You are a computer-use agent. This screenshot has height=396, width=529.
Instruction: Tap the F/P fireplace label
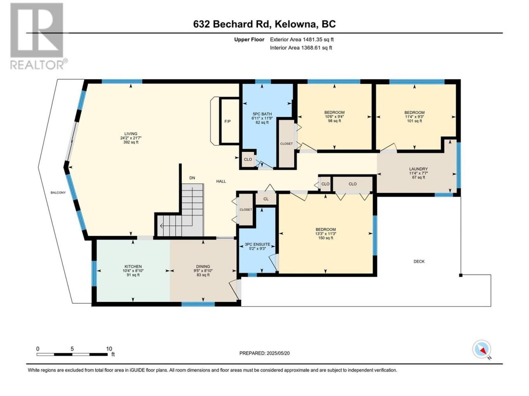click(x=227, y=121)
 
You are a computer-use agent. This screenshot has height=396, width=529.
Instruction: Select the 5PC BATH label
click(x=262, y=114)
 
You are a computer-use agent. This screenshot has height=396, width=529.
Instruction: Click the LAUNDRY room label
click(x=418, y=169)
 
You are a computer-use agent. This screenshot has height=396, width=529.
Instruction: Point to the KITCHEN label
click(x=133, y=266)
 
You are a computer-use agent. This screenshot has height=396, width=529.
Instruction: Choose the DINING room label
click(x=203, y=266)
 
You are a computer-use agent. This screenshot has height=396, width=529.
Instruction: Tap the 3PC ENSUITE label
click(x=257, y=244)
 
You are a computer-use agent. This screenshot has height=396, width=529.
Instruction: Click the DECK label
click(x=419, y=262)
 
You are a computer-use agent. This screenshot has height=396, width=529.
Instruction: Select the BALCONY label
click(x=58, y=193)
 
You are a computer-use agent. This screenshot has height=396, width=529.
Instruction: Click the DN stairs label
click(x=192, y=178)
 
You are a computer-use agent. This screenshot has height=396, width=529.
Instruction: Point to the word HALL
click(x=221, y=181)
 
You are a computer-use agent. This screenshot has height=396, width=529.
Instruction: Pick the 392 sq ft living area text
click(x=131, y=142)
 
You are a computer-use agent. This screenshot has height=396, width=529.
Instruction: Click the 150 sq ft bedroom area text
click(x=326, y=238)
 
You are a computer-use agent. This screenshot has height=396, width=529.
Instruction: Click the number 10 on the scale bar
click(x=109, y=349)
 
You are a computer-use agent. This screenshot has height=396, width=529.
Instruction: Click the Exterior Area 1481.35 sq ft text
click(x=302, y=40)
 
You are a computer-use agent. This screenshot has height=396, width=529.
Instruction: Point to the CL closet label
click(x=266, y=199)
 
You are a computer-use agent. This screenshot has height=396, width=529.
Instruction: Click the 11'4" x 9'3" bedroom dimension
click(x=415, y=117)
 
